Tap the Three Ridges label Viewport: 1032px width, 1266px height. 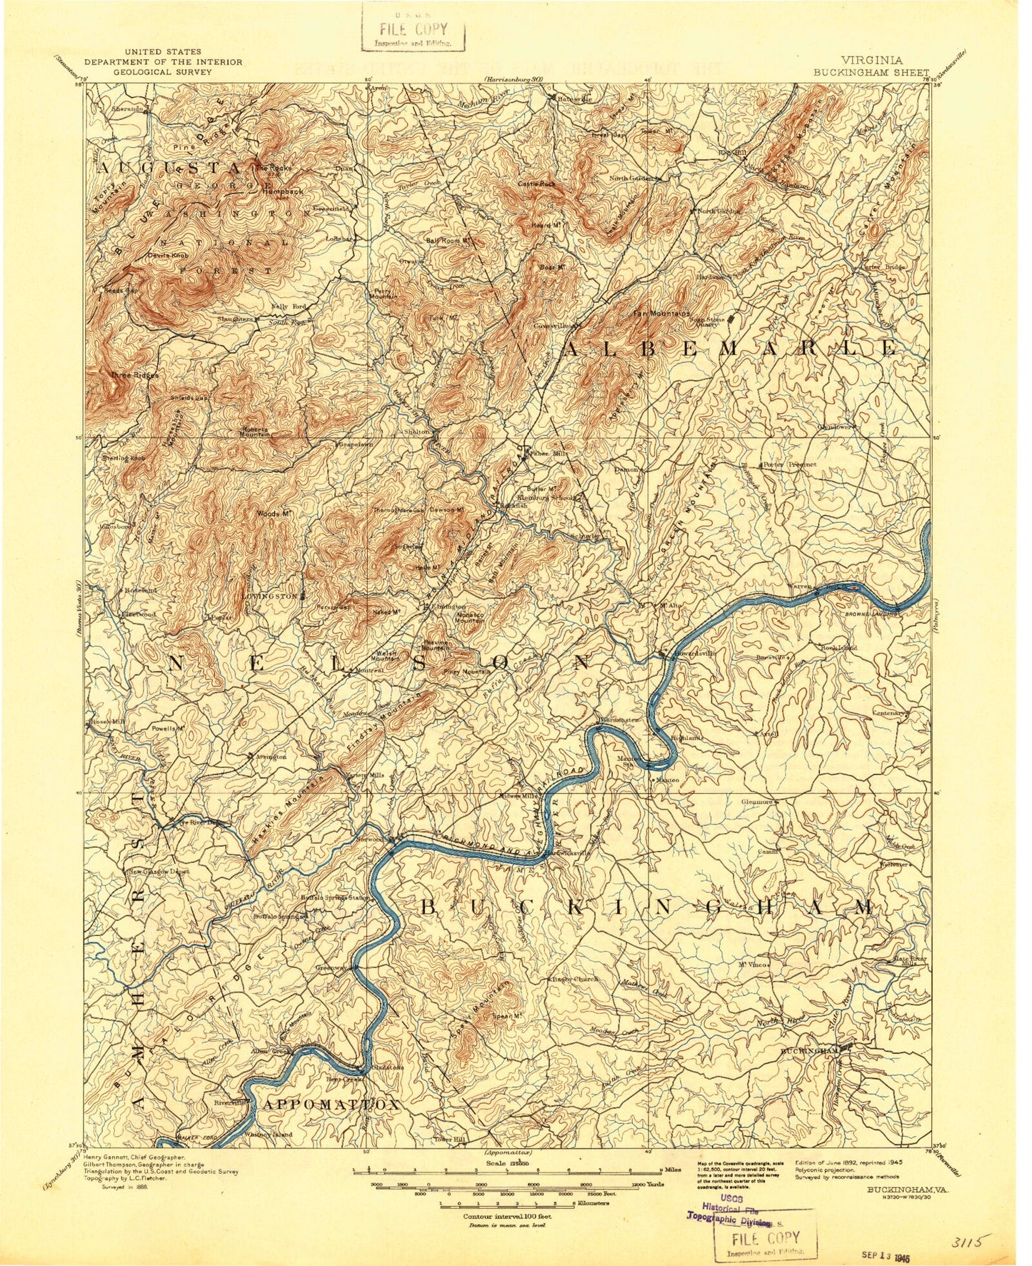(134, 374)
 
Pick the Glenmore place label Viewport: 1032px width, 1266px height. (757, 802)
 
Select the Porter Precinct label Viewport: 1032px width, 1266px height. (789, 464)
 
